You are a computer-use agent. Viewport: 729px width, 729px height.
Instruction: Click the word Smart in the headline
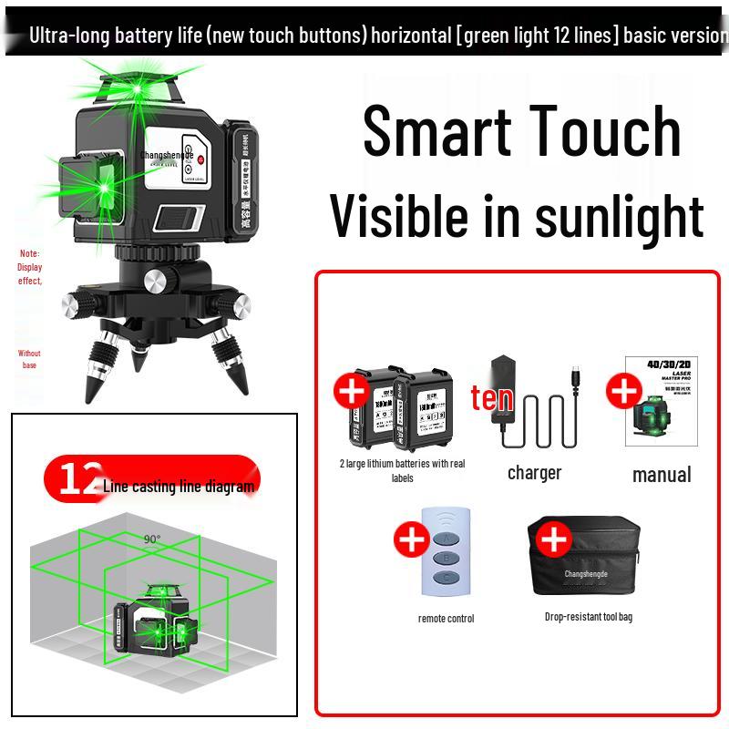pyautogui.click(x=435, y=130)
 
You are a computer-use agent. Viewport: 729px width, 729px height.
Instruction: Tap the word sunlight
pyautogui.click(x=619, y=216)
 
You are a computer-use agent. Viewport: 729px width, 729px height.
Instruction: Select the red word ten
pyautogui.click(x=492, y=397)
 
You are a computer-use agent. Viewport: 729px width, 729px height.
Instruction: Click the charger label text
pyautogui.click(x=534, y=473)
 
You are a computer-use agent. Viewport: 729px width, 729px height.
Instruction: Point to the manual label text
pyautogui.click(x=662, y=474)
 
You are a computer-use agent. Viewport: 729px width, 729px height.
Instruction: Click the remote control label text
pyautogui.click(x=446, y=619)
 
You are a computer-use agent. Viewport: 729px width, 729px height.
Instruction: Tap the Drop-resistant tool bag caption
pyautogui.click(x=588, y=617)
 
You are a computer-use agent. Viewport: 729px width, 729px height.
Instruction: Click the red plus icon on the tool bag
pyautogui.click(x=553, y=539)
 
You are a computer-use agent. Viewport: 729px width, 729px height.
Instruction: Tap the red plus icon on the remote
pyautogui.click(x=412, y=539)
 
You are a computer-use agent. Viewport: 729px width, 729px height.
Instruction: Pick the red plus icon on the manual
pyautogui.click(x=624, y=391)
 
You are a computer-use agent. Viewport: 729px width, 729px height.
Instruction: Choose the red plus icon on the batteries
pyautogui.click(x=352, y=392)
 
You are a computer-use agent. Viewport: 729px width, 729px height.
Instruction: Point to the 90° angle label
pyautogui.click(x=151, y=539)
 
